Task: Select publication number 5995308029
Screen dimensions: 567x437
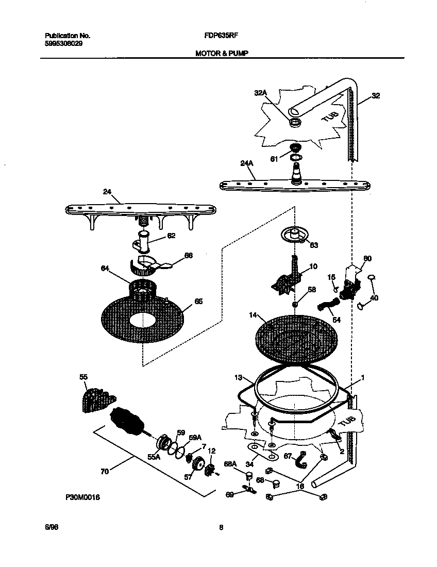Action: [63, 44]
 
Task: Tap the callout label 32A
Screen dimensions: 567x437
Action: [261, 93]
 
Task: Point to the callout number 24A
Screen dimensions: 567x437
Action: [247, 163]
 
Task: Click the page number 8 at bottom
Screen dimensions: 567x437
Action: [221, 527]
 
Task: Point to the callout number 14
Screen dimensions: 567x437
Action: [252, 314]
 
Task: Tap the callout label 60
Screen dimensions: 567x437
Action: [367, 258]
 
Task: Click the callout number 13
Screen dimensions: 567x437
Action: [238, 377]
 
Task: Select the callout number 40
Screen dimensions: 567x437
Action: [374, 298]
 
